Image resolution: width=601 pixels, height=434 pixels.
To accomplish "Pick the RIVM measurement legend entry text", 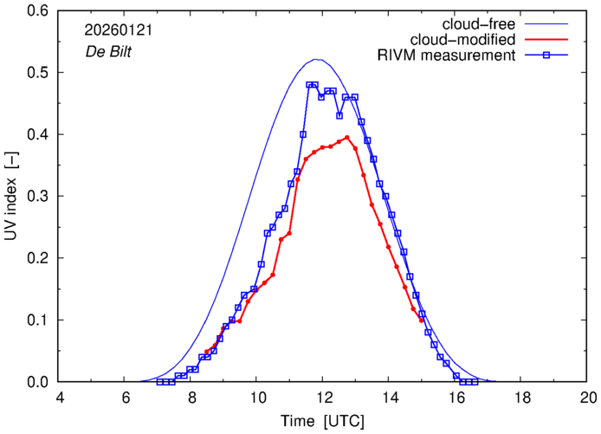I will pyautogui.click(x=447, y=55).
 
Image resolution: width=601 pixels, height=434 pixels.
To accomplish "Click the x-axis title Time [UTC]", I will pyautogui.click(x=323, y=420).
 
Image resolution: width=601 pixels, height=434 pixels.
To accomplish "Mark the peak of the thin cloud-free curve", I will pyautogui.click(x=318, y=60).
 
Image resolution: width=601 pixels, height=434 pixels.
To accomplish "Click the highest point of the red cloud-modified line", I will pyautogui.click(x=346, y=137).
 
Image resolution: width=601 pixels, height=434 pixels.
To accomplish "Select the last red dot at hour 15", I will pyautogui.click(x=423, y=321).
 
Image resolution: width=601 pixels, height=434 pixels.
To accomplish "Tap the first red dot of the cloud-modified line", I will pyautogui.click(x=206, y=352).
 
